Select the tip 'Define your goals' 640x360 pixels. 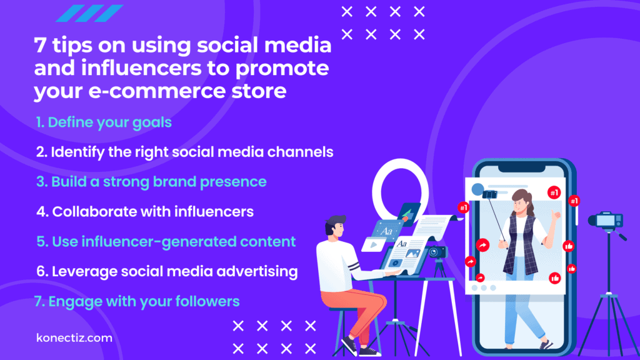[x=104, y=122]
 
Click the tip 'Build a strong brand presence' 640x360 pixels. [x=151, y=182]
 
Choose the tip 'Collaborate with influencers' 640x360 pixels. [x=144, y=212]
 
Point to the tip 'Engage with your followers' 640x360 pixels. [x=137, y=301]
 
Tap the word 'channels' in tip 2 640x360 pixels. [x=304, y=152]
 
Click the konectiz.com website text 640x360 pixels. [x=74, y=338]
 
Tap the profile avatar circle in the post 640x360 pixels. [x=478, y=189]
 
